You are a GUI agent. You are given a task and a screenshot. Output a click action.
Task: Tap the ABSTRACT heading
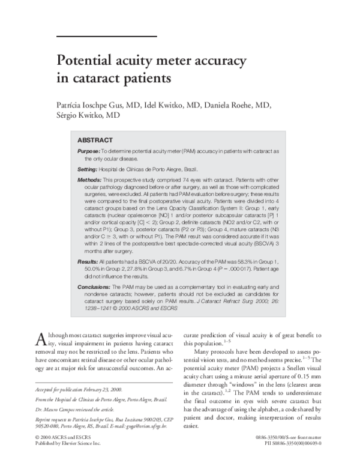click(95, 140)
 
